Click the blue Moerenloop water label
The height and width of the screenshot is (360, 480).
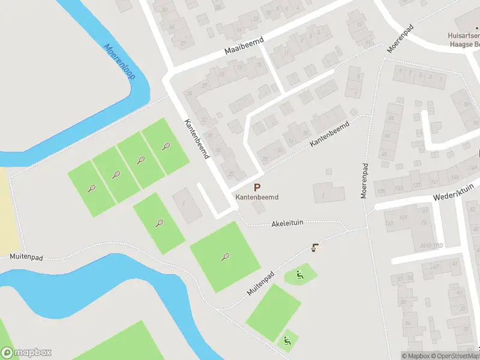(x=120, y=62)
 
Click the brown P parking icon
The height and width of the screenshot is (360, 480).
(x=257, y=188)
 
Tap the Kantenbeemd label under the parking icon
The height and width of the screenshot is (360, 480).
(x=257, y=197)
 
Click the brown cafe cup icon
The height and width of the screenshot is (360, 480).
(x=315, y=247)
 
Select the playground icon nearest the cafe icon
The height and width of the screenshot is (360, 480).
(x=299, y=275)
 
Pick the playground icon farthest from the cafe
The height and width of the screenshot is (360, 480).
(x=287, y=341)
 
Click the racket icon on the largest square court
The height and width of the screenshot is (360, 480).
(x=225, y=257)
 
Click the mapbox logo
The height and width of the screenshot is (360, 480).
(x=26, y=353)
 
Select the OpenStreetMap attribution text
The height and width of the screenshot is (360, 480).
(x=455, y=356)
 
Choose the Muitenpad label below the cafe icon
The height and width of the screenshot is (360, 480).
(x=260, y=283)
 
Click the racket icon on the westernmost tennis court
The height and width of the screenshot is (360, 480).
(x=91, y=188)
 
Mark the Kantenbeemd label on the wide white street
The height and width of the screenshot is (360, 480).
(x=196, y=137)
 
